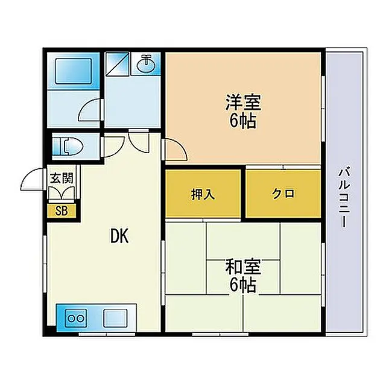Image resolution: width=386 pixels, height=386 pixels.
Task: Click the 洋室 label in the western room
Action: [244, 103]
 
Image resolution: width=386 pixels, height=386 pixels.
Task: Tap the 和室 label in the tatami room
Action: [243, 267]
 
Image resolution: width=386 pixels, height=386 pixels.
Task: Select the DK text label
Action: [119, 236]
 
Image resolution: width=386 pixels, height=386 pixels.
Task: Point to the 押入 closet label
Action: [203, 194]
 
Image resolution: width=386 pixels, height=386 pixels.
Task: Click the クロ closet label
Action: [283, 194]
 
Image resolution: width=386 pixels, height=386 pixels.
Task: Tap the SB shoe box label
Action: [62, 210]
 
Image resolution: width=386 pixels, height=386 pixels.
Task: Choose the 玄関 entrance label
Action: [62, 178]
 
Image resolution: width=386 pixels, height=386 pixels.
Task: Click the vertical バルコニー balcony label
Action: [344, 197]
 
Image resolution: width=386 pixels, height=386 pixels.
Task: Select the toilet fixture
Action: [68, 146]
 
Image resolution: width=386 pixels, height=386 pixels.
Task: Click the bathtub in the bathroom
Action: [74, 71]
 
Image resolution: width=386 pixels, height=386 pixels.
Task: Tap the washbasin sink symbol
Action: [146, 64]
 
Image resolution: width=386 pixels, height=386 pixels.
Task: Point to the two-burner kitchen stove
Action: [77, 318]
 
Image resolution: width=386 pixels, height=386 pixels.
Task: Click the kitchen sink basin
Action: [115, 318]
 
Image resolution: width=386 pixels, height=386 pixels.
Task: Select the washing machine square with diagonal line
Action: [118, 63]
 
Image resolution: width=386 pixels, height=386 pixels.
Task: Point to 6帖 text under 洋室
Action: [243, 121]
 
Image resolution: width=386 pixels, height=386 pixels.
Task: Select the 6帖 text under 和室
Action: [243, 285]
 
